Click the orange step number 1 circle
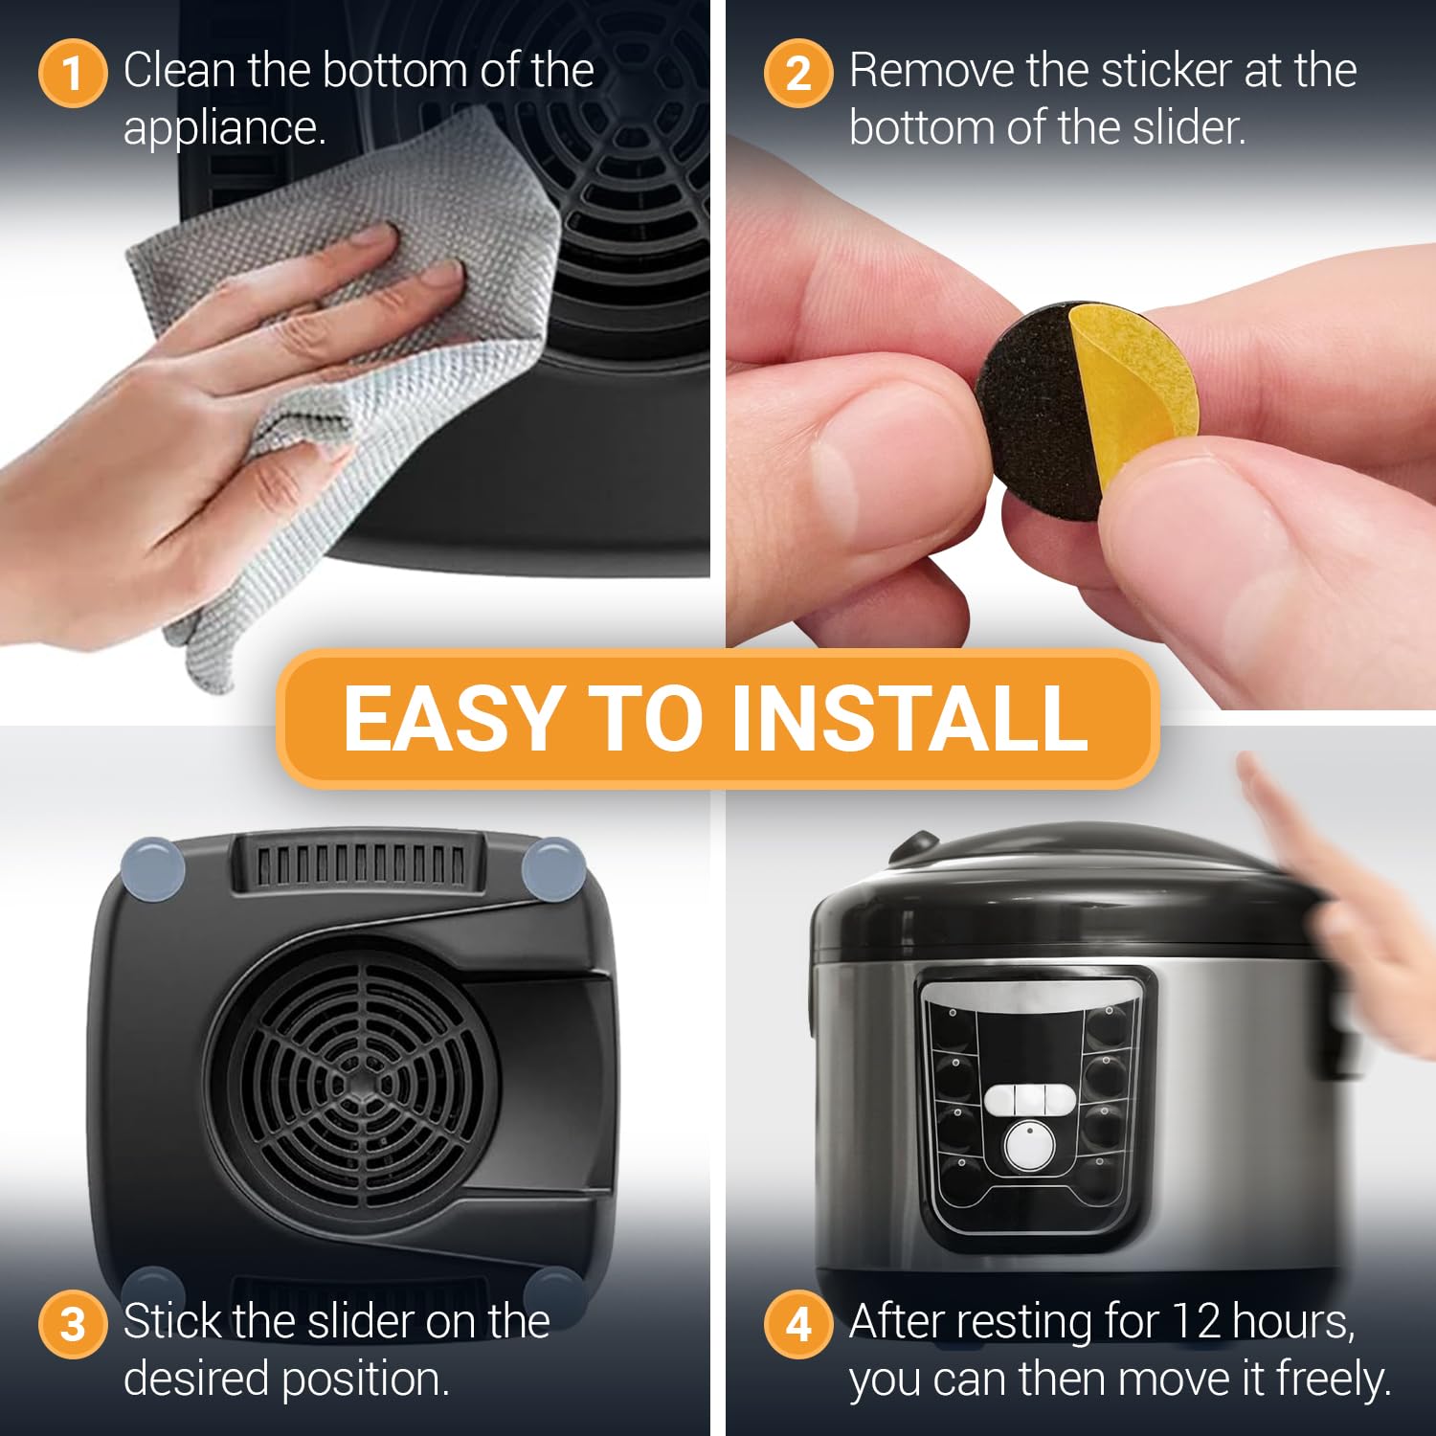[x=72, y=74]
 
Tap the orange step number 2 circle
[x=797, y=74]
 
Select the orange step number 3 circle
[x=72, y=1325]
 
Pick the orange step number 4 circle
[x=797, y=1325]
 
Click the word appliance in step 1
[x=224, y=128]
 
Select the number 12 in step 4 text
[x=1196, y=1322]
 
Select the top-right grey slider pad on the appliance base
[x=553, y=868]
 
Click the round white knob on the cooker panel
[x=1030, y=1144]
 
